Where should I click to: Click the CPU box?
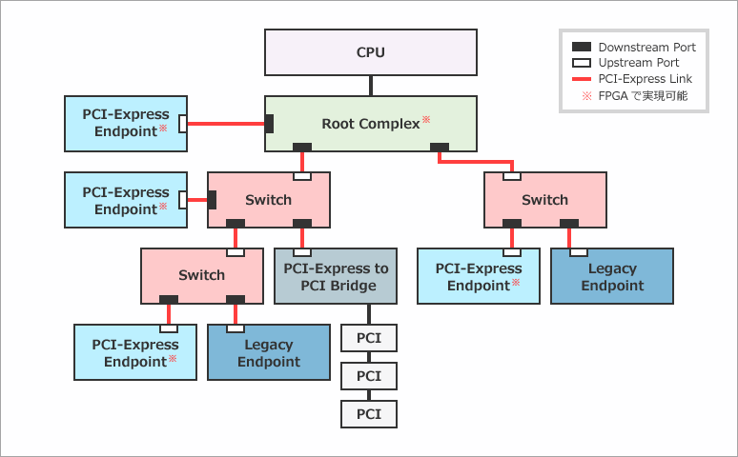point(370,52)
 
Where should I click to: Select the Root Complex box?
point(370,124)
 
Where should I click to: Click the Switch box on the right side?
point(545,200)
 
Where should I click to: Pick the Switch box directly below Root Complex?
point(269,200)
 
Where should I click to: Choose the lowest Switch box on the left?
point(202,275)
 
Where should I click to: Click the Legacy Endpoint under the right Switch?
point(612,276)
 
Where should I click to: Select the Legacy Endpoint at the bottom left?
point(269,352)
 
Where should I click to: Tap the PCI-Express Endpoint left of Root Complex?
point(125,124)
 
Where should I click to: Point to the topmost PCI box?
point(369,338)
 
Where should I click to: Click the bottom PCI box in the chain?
point(369,414)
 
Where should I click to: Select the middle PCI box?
point(369,376)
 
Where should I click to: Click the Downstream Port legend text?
point(646,47)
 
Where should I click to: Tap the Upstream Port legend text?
point(639,63)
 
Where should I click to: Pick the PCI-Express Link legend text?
point(645,79)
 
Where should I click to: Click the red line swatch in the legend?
point(582,79)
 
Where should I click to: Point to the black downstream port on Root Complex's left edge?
point(270,124)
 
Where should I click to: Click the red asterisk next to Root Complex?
point(426,120)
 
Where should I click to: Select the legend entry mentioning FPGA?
point(642,96)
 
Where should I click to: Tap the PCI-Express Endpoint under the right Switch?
point(479,276)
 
